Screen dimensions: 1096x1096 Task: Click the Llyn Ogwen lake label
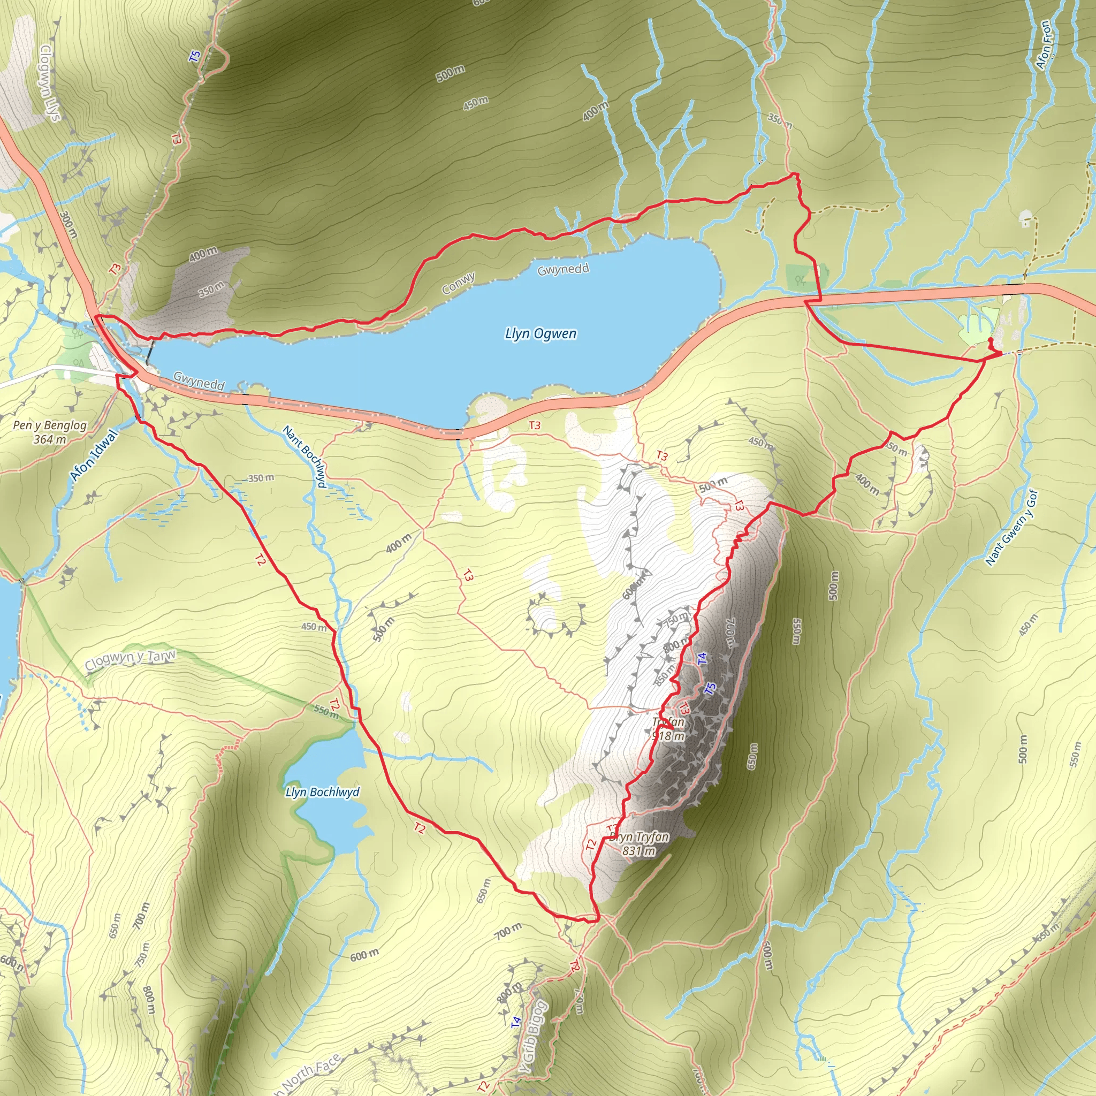tap(540, 333)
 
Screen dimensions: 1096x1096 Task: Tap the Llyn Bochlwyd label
tap(322, 792)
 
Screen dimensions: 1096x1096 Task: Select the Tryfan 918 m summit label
tap(668, 729)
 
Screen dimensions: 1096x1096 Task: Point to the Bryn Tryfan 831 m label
tap(639, 843)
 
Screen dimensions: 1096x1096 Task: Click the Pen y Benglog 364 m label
tap(50, 432)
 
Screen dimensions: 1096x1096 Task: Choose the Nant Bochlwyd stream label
tap(305, 456)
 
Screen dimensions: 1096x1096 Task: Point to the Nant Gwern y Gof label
tap(1011, 528)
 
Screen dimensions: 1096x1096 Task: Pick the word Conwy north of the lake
tap(459, 284)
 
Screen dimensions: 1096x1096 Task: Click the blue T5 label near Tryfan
tap(710, 689)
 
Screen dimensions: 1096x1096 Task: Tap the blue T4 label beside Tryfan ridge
tap(702, 658)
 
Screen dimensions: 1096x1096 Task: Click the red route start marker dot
tap(991, 340)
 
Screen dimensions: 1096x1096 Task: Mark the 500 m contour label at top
tap(451, 73)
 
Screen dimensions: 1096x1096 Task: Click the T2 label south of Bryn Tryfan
tap(591, 844)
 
